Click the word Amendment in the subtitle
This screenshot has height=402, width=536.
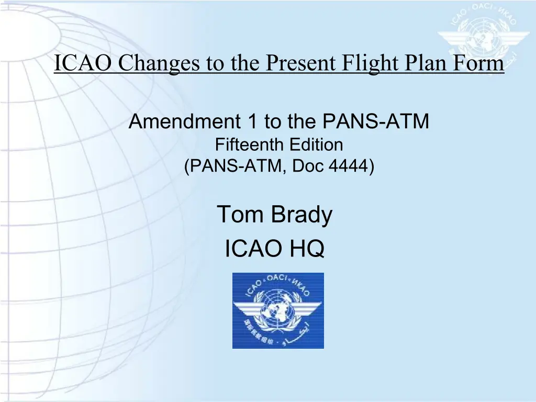185,121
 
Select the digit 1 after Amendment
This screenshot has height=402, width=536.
253,121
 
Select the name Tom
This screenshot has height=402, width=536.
240,214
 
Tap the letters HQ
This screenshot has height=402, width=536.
307,249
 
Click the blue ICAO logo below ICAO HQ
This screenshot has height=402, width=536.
278,310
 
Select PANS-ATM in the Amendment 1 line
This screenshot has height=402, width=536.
376,121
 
